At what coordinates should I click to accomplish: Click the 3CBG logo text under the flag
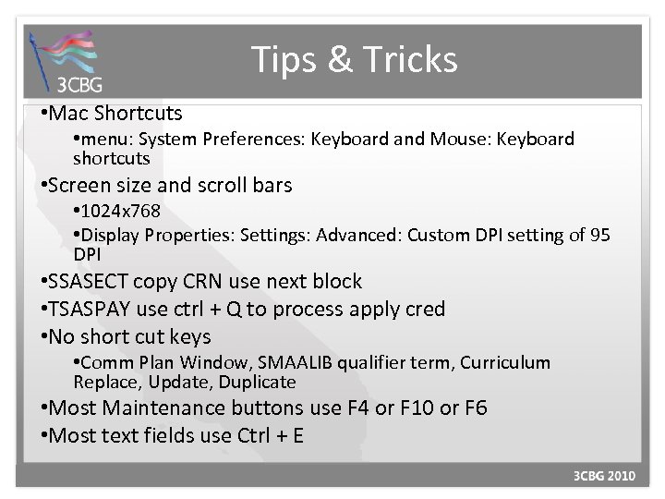pos(80,86)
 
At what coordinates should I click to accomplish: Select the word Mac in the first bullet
pos(72,114)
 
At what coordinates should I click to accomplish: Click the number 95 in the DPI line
pos(599,235)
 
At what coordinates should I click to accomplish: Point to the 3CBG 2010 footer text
pos(604,476)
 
